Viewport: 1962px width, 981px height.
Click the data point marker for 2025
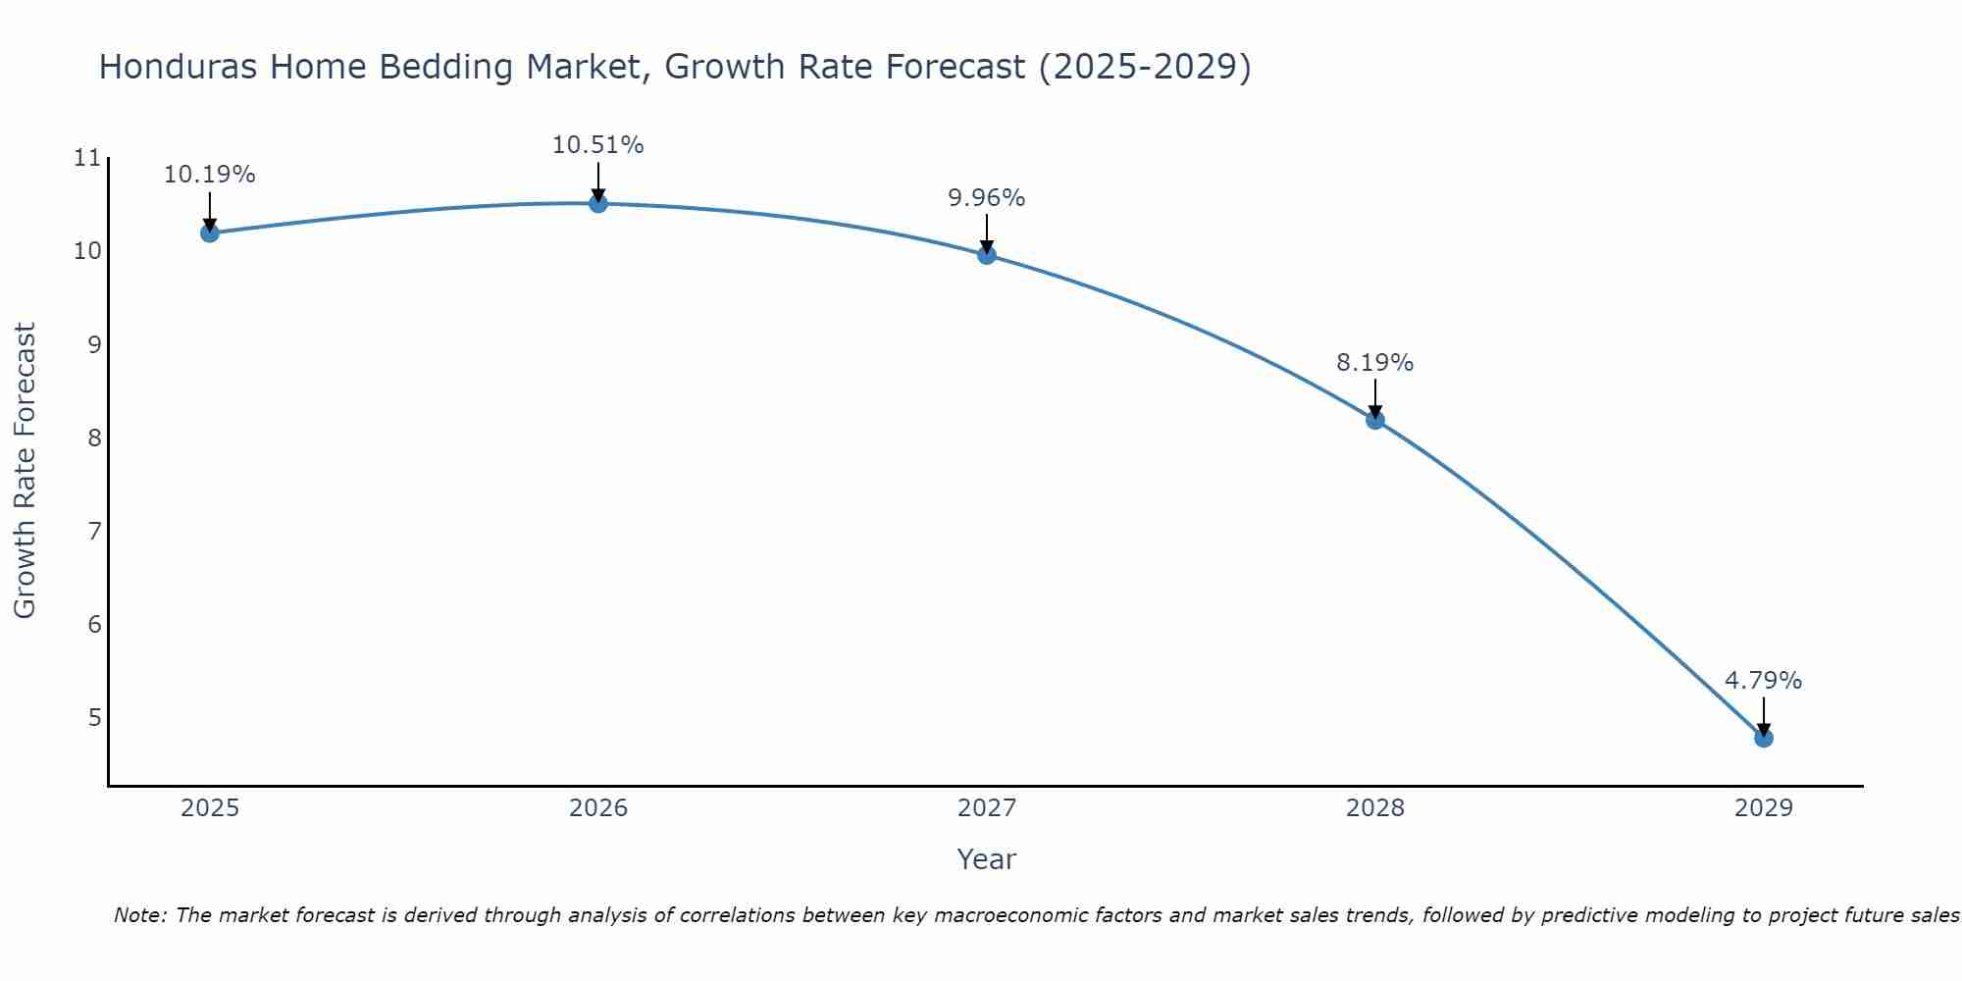click(209, 232)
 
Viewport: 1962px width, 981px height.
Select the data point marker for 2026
click(598, 203)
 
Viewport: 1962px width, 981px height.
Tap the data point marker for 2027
click(987, 255)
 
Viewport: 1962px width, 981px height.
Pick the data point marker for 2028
click(1375, 420)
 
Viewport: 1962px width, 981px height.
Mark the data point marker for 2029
click(1764, 738)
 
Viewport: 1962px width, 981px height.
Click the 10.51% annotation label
click(598, 145)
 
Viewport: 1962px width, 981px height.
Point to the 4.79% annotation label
click(1764, 681)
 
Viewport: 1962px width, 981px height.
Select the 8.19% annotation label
click(1375, 363)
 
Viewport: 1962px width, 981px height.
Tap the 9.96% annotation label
click(987, 198)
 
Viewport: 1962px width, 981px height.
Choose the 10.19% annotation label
click(209, 175)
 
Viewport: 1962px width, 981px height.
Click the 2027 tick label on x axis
click(987, 808)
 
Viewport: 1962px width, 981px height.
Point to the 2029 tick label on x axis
click(1764, 808)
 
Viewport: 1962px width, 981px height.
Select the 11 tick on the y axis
click(88, 158)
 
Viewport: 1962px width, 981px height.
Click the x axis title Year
click(987, 859)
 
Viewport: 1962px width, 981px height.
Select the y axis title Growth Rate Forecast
click(25, 471)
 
